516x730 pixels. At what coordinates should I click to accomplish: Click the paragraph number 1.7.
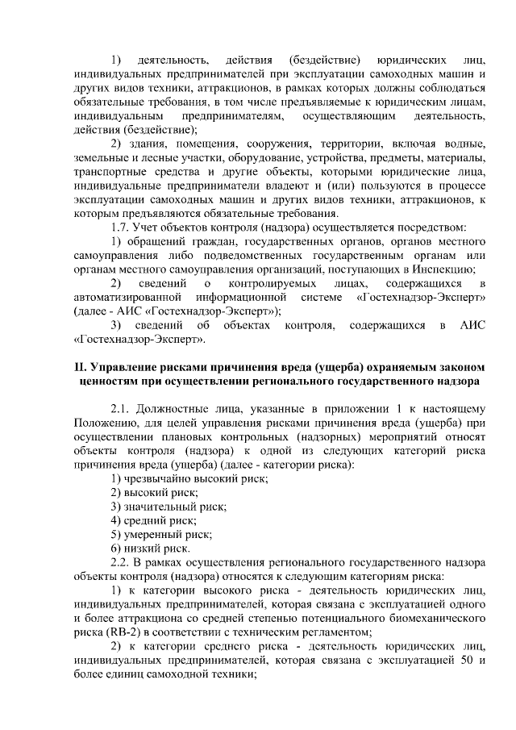click(122, 227)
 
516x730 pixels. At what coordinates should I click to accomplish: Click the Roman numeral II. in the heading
click(80, 369)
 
